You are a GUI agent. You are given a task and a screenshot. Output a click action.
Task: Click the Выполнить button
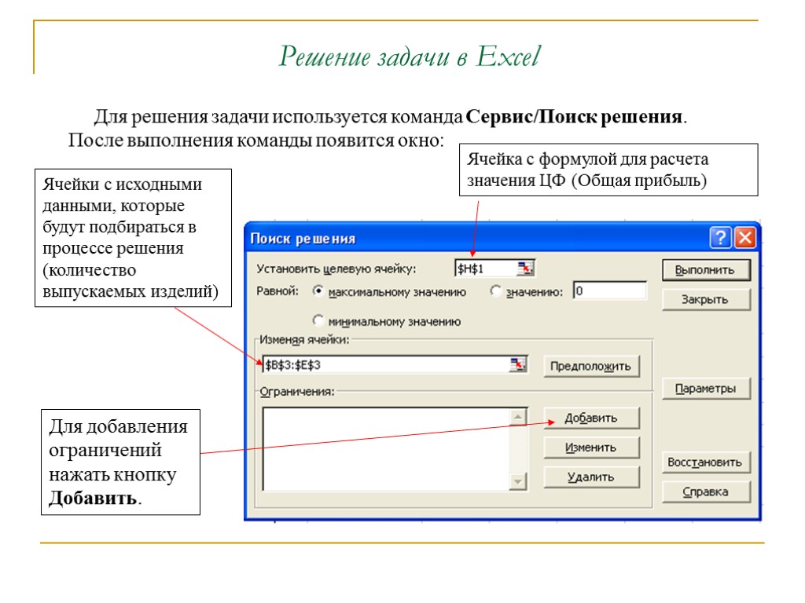[x=705, y=270]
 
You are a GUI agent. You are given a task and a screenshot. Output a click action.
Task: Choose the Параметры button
[x=705, y=389]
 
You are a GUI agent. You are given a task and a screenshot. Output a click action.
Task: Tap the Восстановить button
[x=705, y=462]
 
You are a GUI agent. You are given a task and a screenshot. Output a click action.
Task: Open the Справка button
[x=705, y=492]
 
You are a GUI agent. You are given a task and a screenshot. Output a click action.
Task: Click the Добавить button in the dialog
[x=591, y=418]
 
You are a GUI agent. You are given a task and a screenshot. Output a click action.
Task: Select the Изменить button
[x=591, y=448]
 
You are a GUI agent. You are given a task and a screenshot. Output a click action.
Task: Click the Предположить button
[x=591, y=366]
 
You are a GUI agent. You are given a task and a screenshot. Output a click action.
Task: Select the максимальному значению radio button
[x=318, y=291]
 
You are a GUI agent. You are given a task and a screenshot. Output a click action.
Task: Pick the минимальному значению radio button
[x=318, y=320]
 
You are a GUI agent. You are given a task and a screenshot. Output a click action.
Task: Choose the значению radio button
[x=495, y=291]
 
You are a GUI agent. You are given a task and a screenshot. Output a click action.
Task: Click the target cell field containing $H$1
[x=484, y=269]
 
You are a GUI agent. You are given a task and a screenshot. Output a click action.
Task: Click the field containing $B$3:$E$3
[x=385, y=365]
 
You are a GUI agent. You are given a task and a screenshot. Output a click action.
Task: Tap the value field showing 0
[x=609, y=291]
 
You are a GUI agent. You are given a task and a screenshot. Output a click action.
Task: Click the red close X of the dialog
[x=744, y=238]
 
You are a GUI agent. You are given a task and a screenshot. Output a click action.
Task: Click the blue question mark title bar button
[x=721, y=238]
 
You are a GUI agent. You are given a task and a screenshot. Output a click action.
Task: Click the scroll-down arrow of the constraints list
[x=518, y=481]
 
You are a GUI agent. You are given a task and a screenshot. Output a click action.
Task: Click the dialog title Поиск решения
[x=303, y=239]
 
